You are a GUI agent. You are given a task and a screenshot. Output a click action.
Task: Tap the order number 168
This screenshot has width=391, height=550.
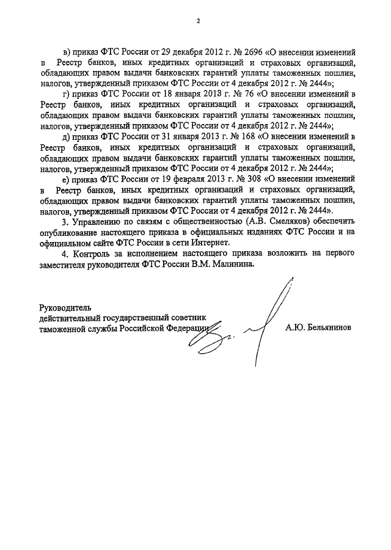click(x=228, y=136)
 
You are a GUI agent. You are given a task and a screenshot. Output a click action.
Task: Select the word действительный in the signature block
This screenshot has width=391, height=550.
click(x=72, y=317)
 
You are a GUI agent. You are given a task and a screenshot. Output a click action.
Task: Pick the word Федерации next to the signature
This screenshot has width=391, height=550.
click(x=188, y=328)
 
